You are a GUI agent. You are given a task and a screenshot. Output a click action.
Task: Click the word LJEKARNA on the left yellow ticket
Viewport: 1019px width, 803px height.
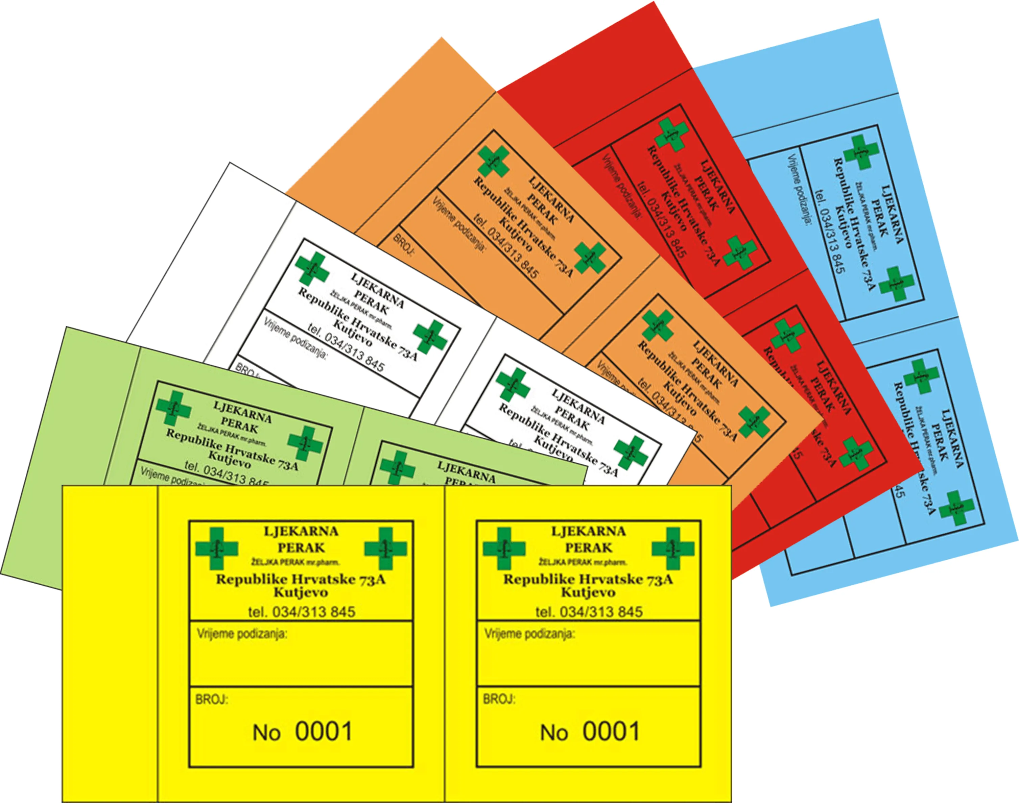(301, 532)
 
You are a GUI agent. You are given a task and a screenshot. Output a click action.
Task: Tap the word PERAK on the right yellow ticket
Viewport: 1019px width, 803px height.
(589, 548)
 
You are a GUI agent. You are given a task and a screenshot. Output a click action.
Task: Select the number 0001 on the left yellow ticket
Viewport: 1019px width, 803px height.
(324, 732)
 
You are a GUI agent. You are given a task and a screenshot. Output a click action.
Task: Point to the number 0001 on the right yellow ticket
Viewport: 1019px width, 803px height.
(611, 732)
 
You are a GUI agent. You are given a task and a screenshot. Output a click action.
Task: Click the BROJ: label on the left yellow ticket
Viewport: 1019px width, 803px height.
(212, 700)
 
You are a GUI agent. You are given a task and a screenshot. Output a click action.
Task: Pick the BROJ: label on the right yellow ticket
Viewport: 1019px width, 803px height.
(499, 700)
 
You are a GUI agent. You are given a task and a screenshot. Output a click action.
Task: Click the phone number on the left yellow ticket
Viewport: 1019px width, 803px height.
(302, 612)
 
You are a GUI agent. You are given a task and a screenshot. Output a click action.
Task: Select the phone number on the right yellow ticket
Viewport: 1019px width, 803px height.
(589, 612)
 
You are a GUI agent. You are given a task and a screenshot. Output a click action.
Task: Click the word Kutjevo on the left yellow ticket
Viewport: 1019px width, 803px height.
(301, 592)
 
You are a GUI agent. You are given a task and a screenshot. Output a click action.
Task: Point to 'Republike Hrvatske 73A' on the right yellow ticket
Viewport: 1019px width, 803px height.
(588, 579)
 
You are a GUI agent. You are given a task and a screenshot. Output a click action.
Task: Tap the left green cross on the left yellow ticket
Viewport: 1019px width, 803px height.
(217, 549)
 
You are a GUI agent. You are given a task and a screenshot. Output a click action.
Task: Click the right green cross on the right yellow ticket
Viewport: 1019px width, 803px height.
(673, 549)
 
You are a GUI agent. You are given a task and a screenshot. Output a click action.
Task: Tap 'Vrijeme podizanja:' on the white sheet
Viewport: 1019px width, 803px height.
(295, 338)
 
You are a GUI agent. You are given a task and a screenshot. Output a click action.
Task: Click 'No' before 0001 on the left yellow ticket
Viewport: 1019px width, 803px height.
(266, 733)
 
